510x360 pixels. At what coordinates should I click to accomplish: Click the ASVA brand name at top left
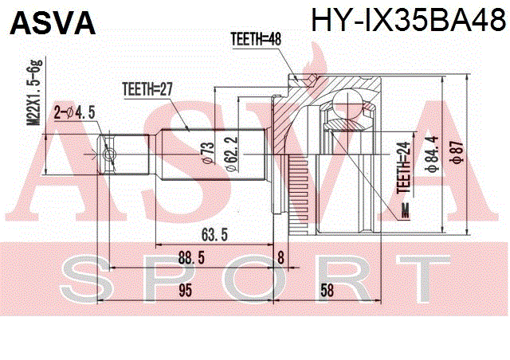(53, 23)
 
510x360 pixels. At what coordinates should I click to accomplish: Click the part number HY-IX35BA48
(409, 20)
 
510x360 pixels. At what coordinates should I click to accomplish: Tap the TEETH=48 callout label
(256, 39)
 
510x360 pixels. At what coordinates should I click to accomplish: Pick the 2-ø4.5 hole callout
(74, 113)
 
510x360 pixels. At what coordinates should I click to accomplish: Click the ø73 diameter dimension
(209, 152)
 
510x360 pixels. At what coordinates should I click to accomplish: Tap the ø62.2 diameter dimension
(232, 154)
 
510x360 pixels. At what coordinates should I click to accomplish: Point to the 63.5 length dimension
(214, 235)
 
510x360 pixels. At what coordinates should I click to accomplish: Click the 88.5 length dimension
(191, 258)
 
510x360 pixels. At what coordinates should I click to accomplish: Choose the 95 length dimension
(186, 291)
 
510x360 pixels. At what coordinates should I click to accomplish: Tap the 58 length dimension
(327, 291)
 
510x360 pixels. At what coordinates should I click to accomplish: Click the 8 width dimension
(280, 258)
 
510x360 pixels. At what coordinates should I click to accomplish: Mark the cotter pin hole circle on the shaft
(109, 155)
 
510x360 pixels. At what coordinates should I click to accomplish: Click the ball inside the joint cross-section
(347, 104)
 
